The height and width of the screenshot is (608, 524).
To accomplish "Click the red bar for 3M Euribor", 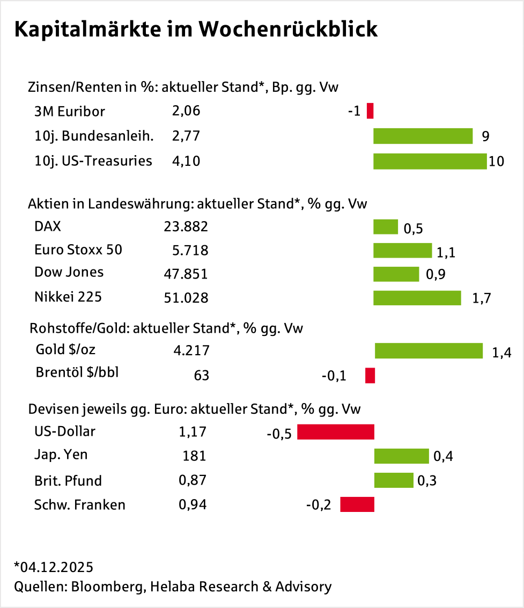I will (370, 111).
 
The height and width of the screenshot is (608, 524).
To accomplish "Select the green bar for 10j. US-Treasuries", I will (430, 161).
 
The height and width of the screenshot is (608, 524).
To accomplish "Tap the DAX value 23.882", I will (186, 227).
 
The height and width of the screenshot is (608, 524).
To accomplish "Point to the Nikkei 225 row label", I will (68, 297).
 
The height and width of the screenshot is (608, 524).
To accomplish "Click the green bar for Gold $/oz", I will (429, 351).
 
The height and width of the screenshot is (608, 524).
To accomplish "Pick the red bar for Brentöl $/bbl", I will (370, 376).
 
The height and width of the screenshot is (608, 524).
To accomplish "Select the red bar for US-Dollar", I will (335, 432).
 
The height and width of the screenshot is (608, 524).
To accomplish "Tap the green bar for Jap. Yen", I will (401, 456).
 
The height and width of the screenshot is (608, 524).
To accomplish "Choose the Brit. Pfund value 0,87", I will (192, 480).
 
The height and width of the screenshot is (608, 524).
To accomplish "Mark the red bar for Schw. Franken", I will (357, 504).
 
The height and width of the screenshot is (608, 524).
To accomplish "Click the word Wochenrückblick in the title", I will (288, 30).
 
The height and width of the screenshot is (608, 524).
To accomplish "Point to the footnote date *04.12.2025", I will (54, 567).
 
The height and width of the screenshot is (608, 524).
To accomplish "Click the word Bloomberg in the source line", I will (105, 587).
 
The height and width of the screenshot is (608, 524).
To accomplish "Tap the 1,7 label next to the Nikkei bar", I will (482, 298).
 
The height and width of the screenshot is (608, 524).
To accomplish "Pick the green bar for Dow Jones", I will (396, 274).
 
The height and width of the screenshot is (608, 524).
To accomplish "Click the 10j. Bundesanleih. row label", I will (94, 136).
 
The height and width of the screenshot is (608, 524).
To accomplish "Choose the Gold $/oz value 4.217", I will (191, 350).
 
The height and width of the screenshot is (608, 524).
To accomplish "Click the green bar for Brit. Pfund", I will (394, 480).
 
